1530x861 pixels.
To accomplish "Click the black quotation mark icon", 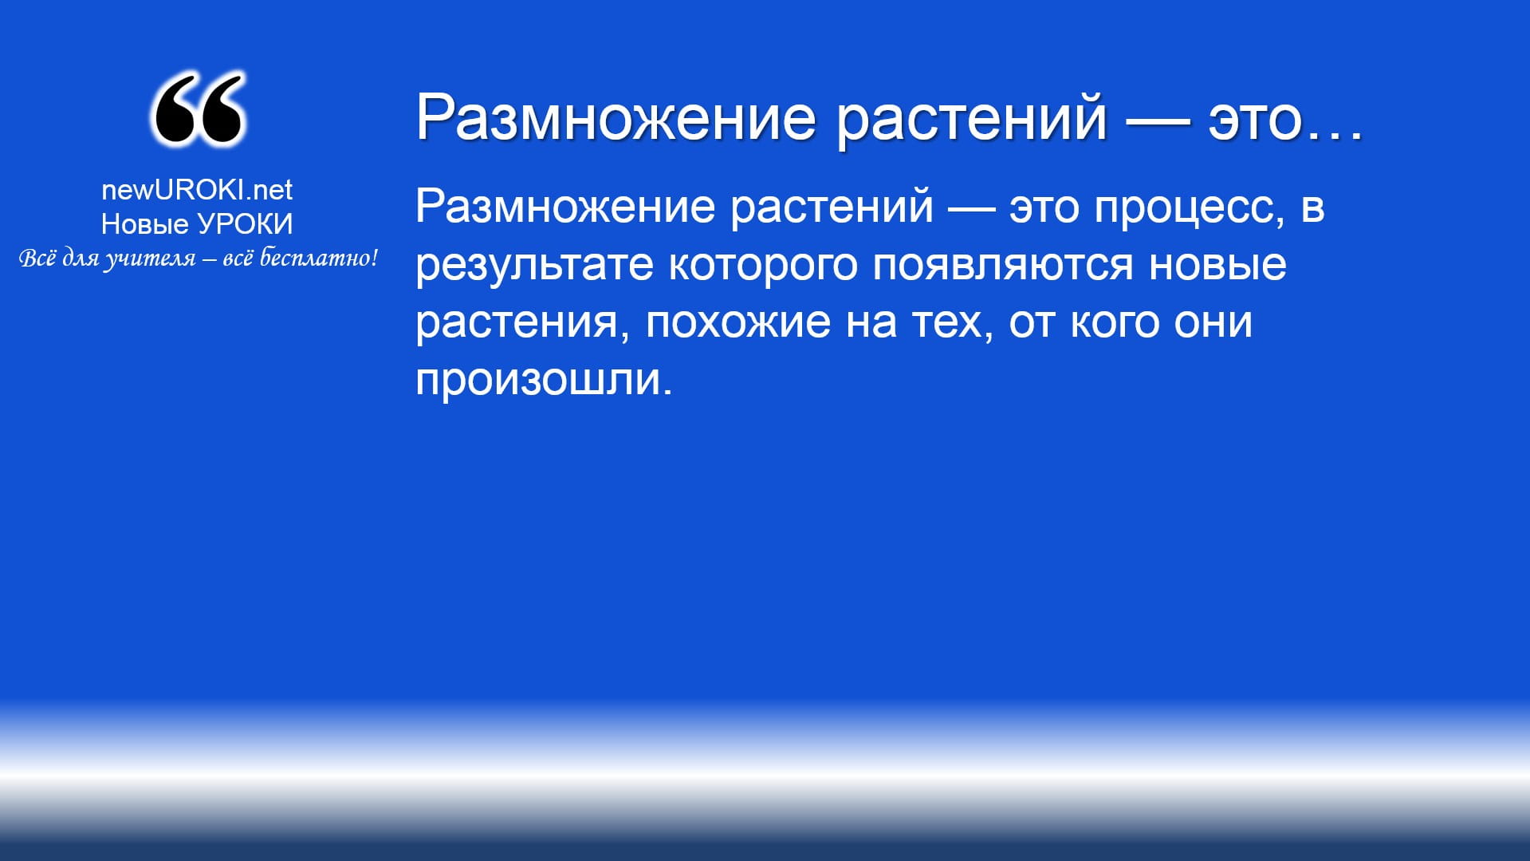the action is click(197, 109).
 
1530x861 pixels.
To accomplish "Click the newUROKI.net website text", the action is click(197, 190).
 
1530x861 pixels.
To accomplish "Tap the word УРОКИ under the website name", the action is click(246, 224).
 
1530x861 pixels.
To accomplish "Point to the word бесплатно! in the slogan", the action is click(319, 258).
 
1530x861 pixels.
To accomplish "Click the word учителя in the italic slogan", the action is click(150, 259).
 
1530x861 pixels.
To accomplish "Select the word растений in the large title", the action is click(972, 118).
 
